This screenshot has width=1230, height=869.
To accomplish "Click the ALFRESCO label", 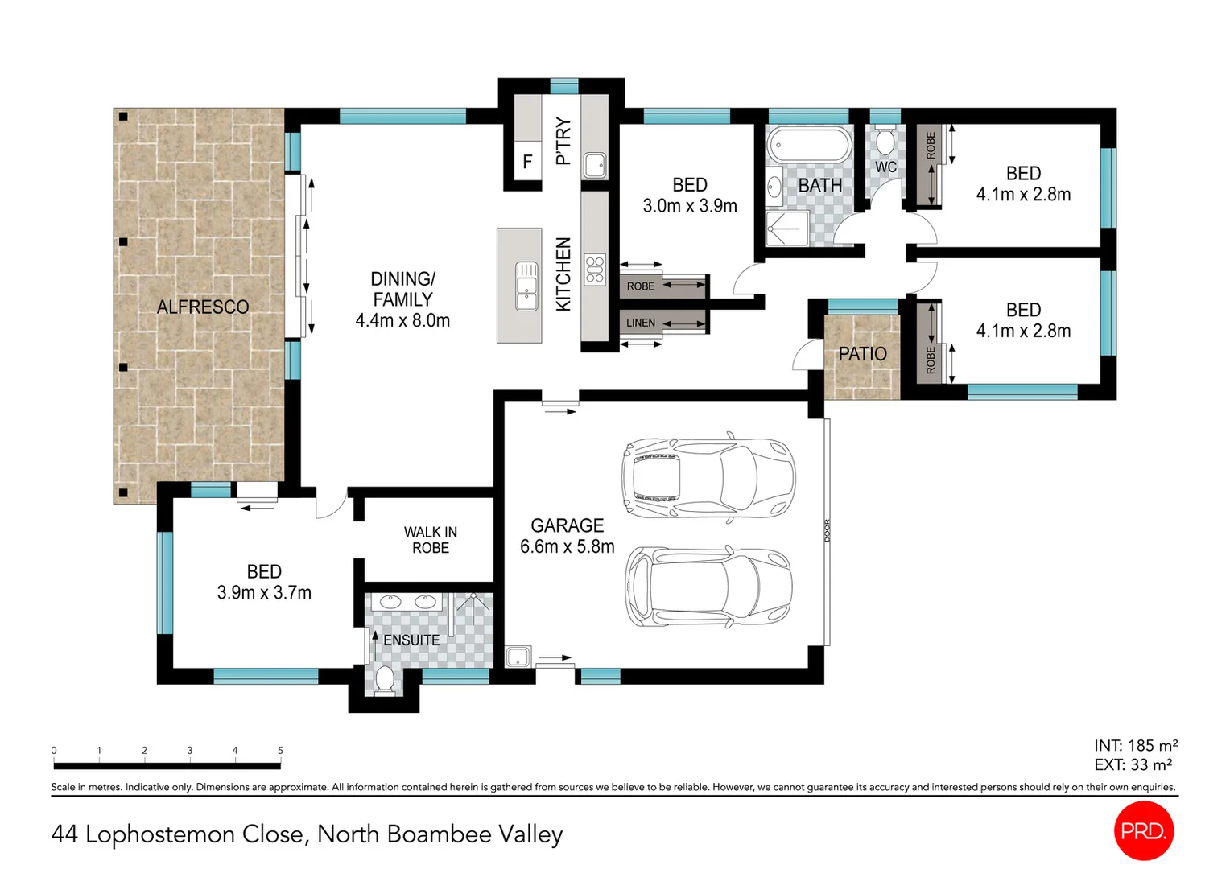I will [x=203, y=307].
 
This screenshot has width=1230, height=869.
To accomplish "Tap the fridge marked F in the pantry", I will [x=527, y=162].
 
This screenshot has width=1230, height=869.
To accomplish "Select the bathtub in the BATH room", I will [x=808, y=146].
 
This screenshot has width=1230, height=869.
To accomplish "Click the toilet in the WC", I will [x=885, y=142].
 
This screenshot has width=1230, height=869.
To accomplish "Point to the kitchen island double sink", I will [x=526, y=286].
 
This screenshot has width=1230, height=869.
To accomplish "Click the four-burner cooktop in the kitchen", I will [x=595, y=270].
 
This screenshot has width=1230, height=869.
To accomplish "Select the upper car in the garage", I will [x=708, y=480].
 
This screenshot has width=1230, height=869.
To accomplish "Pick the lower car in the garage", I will [x=709, y=587].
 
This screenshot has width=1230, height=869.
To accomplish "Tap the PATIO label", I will [x=862, y=354].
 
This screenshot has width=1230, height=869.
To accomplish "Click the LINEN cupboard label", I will [x=641, y=323].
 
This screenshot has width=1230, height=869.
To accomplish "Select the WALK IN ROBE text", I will [x=431, y=540].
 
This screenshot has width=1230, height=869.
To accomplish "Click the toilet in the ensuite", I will [x=385, y=680].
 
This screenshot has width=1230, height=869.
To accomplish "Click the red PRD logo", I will [x=1143, y=831].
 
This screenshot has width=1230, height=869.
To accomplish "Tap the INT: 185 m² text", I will [x=1135, y=746].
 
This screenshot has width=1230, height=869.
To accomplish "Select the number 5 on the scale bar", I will [x=280, y=751].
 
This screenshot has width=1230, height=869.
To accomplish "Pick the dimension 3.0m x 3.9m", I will [x=690, y=206].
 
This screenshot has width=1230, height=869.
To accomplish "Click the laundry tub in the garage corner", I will [x=517, y=657].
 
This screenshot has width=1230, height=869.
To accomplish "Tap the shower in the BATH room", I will [x=786, y=229].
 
